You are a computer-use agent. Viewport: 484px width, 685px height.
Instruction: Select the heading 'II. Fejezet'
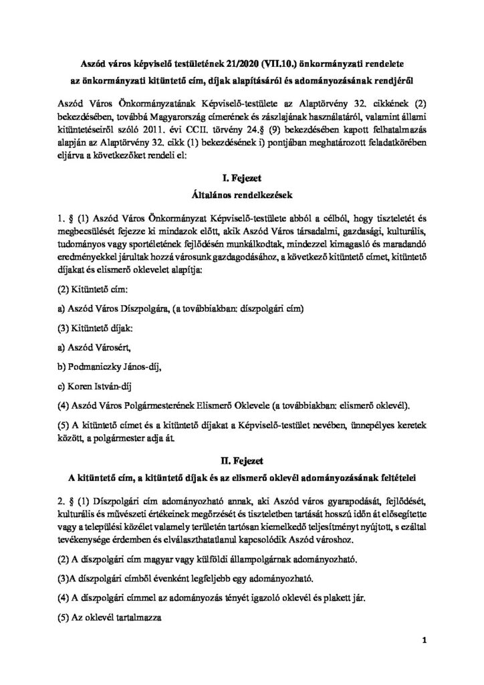click(x=242, y=460)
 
